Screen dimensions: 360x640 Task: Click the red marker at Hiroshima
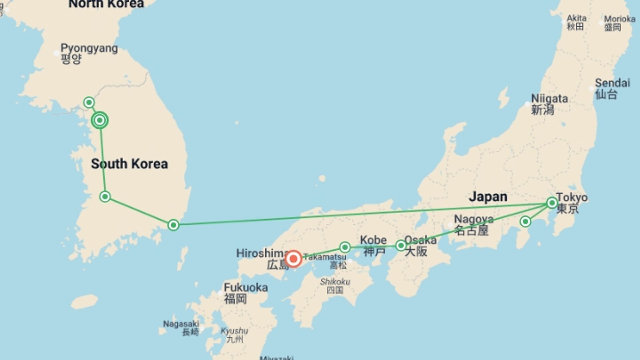click(293, 259)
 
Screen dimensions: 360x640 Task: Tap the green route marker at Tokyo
click(552, 203)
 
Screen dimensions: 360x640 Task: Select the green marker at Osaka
click(401, 246)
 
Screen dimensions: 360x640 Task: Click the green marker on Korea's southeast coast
click(173, 225)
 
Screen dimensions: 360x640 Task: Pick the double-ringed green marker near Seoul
click(100, 120)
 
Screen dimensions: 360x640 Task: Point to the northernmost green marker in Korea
click(89, 102)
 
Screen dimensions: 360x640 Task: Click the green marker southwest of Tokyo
click(525, 222)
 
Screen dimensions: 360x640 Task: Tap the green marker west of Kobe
click(345, 247)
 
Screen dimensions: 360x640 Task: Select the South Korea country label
click(129, 164)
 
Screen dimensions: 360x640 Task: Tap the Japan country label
click(488, 197)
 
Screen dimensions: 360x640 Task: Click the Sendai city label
click(612, 88)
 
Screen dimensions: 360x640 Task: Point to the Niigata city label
click(549, 104)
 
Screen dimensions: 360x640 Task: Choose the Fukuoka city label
click(246, 293)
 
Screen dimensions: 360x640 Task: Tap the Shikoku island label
click(335, 285)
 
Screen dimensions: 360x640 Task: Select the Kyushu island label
click(234, 335)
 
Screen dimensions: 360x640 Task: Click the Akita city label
click(576, 22)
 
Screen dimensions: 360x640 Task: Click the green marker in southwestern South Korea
click(105, 197)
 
